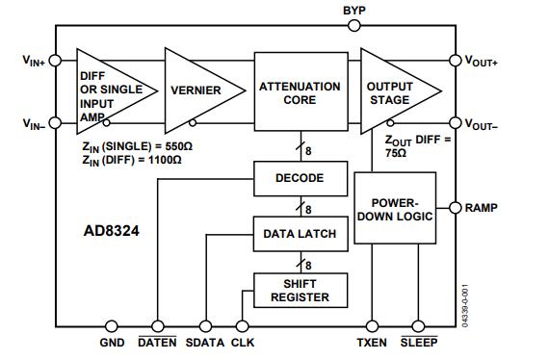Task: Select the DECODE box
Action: click(x=300, y=178)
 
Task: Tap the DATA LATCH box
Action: click(x=300, y=233)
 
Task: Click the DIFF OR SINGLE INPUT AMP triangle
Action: click(x=107, y=90)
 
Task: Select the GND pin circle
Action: click(x=113, y=326)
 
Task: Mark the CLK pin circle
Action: click(x=243, y=326)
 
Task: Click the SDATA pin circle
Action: click(x=203, y=326)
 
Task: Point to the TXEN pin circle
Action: click(x=372, y=326)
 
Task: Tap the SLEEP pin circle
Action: click(x=418, y=326)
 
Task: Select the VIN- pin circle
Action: click(x=55, y=123)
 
